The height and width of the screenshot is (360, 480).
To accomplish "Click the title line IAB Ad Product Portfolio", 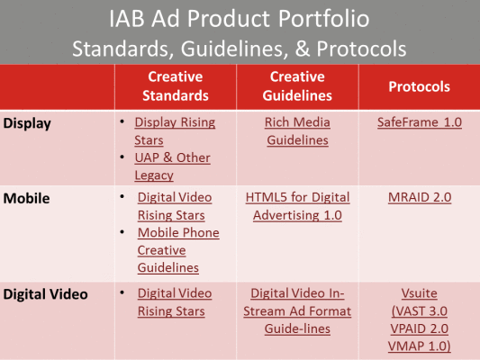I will tap(240, 19).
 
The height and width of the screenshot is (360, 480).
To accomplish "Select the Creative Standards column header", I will tap(175, 86).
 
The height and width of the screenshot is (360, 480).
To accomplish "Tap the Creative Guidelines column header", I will tap(297, 86).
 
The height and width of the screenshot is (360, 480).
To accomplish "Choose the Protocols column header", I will tap(419, 86).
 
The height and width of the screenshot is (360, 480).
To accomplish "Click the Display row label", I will tap(26, 122).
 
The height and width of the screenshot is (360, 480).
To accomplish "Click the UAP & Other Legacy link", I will tap(172, 166).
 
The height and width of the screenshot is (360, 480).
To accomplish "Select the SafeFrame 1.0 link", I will tap(419, 121).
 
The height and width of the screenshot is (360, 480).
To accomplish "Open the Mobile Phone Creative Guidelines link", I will tap(178, 249).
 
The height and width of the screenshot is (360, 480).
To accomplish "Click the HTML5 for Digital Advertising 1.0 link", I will tap(297, 206).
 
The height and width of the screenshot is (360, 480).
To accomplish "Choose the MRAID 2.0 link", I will tap(419, 197).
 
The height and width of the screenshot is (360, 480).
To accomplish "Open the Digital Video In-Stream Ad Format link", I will tap(297, 310).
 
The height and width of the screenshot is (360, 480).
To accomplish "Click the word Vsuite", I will tap(419, 292).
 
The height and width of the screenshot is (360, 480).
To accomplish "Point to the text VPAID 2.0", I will tap(419, 328).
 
